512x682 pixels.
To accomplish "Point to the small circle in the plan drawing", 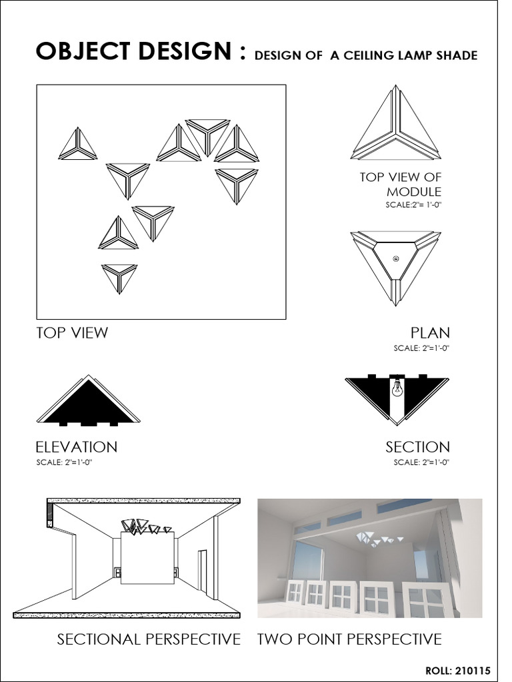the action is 396,259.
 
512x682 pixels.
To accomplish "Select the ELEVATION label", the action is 77,447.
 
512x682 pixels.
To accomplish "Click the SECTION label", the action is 417,447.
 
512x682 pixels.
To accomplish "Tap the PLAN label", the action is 430,333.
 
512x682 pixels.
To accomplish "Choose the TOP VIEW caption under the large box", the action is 72,333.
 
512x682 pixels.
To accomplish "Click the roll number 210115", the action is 473,670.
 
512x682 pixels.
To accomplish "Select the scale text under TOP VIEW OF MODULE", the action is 413,204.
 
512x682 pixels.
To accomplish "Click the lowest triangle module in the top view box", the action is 120,277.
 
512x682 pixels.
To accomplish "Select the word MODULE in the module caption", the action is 413,191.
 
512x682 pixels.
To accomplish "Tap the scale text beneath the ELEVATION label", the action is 65,462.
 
